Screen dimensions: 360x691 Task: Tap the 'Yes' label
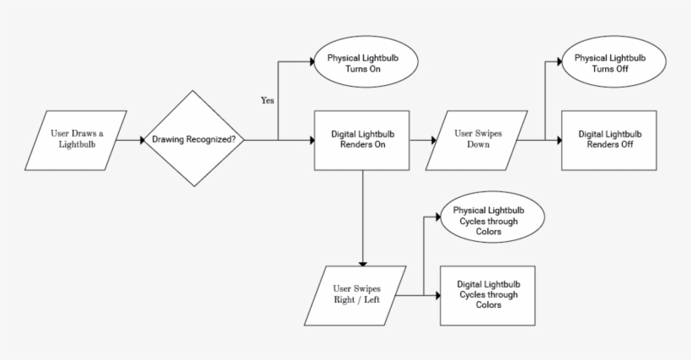268,100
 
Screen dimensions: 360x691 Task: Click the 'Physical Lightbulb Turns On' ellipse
366,66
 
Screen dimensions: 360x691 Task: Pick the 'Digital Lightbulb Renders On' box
362,139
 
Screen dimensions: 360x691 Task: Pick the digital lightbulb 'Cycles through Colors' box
487,295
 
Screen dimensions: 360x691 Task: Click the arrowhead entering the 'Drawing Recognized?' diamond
138,139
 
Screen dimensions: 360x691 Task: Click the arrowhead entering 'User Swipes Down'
431,139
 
